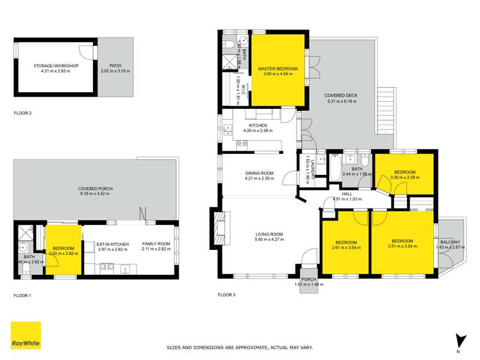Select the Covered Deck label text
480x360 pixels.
tap(341, 95)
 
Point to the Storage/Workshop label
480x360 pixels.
tap(55, 65)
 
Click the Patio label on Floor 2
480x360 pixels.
tap(115, 65)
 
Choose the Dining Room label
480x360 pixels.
tap(259, 173)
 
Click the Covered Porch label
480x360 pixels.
tap(95, 189)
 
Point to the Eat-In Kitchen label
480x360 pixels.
tap(113, 244)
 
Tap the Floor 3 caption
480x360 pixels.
tap(226, 295)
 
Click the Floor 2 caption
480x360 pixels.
tap(22, 113)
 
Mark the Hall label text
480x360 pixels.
tap(347, 193)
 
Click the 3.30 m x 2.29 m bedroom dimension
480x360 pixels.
tap(405, 177)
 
